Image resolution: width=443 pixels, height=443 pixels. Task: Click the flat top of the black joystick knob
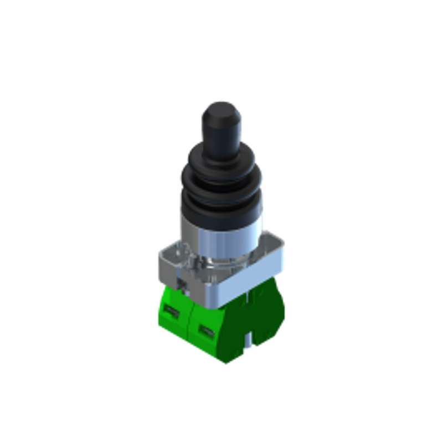pos(221,107)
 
